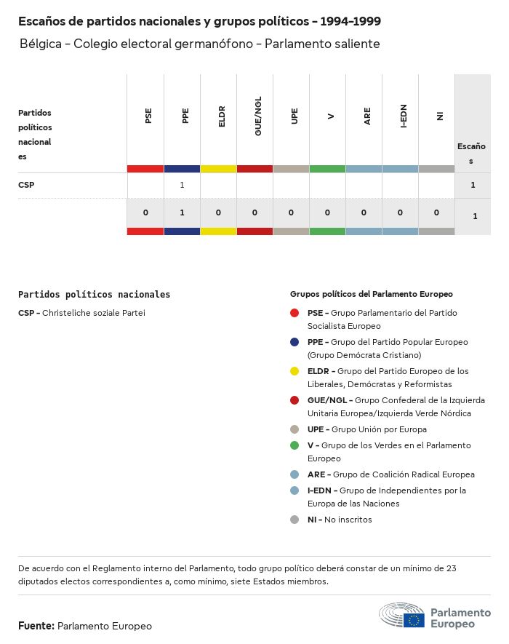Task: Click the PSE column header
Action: click(148, 116)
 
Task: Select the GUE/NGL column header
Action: click(258, 116)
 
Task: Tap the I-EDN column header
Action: click(404, 116)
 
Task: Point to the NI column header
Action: click(440, 116)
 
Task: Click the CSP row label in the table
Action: click(26, 185)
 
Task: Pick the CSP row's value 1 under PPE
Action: click(182, 185)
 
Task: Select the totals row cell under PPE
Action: click(182, 212)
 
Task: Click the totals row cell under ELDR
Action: click(218, 212)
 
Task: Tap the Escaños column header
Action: click(471, 153)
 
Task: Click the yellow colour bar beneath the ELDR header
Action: click(218, 169)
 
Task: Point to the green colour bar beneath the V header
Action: click(327, 169)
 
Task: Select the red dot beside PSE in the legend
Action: click(294, 313)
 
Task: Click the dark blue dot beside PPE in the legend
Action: click(294, 342)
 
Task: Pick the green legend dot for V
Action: click(294, 445)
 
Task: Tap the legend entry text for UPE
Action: click(367, 429)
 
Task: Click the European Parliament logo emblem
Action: click(401, 616)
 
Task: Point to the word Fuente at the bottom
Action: click(36, 626)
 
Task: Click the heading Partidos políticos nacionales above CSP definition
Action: click(94, 295)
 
